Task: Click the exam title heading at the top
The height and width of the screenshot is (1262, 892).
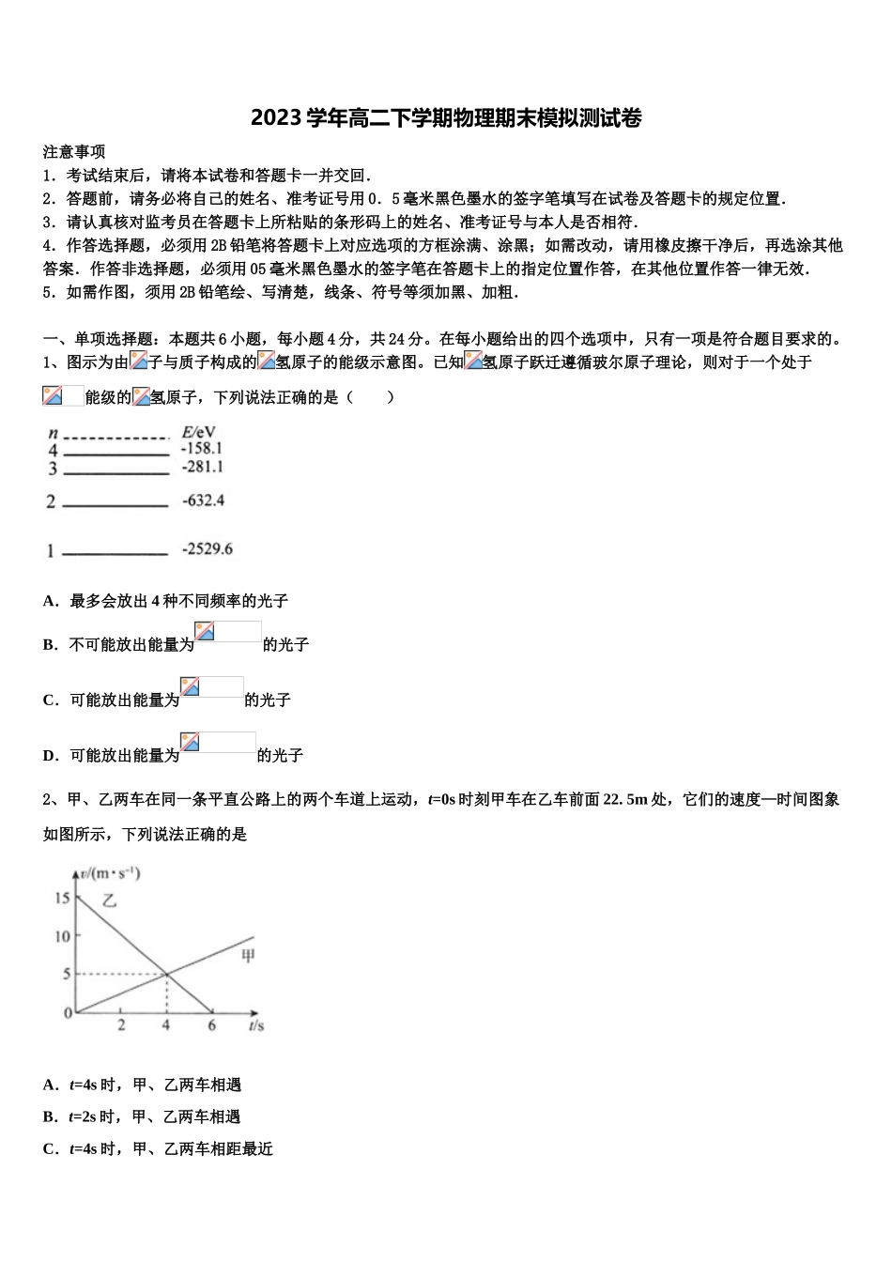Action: point(446,118)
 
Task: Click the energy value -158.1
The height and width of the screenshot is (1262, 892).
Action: point(202,449)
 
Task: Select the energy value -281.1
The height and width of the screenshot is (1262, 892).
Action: point(202,467)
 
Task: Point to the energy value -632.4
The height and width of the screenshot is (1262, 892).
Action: point(203,500)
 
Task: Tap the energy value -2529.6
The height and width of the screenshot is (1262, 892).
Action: point(208,549)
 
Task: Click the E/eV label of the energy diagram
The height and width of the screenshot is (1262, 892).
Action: point(198,432)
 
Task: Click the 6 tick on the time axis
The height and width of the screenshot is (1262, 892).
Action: point(211,1026)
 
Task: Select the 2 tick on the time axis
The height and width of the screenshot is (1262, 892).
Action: point(121,1026)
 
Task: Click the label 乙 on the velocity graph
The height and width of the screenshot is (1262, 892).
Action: point(110,900)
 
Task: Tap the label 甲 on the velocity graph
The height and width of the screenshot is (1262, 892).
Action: point(248,957)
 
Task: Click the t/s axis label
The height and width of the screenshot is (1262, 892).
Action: point(256,1026)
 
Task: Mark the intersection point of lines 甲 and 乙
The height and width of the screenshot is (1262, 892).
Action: point(166,975)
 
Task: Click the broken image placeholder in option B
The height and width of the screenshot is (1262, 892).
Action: point(227,632)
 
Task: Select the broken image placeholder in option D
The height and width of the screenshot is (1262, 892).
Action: point(218,743)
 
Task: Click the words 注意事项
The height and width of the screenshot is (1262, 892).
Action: point(74,151)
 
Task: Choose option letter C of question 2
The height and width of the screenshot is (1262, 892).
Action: point(50,1148)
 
